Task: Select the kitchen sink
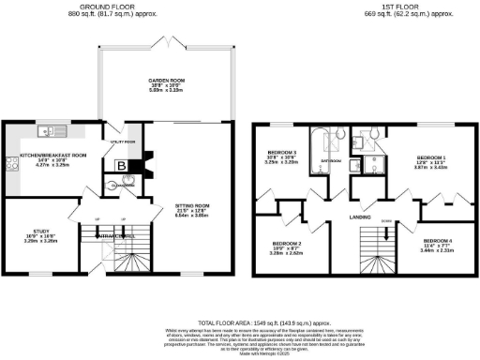pyautogui.click(x=49, y=131)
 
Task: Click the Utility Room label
pyautogui.click(x=125, y=142)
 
